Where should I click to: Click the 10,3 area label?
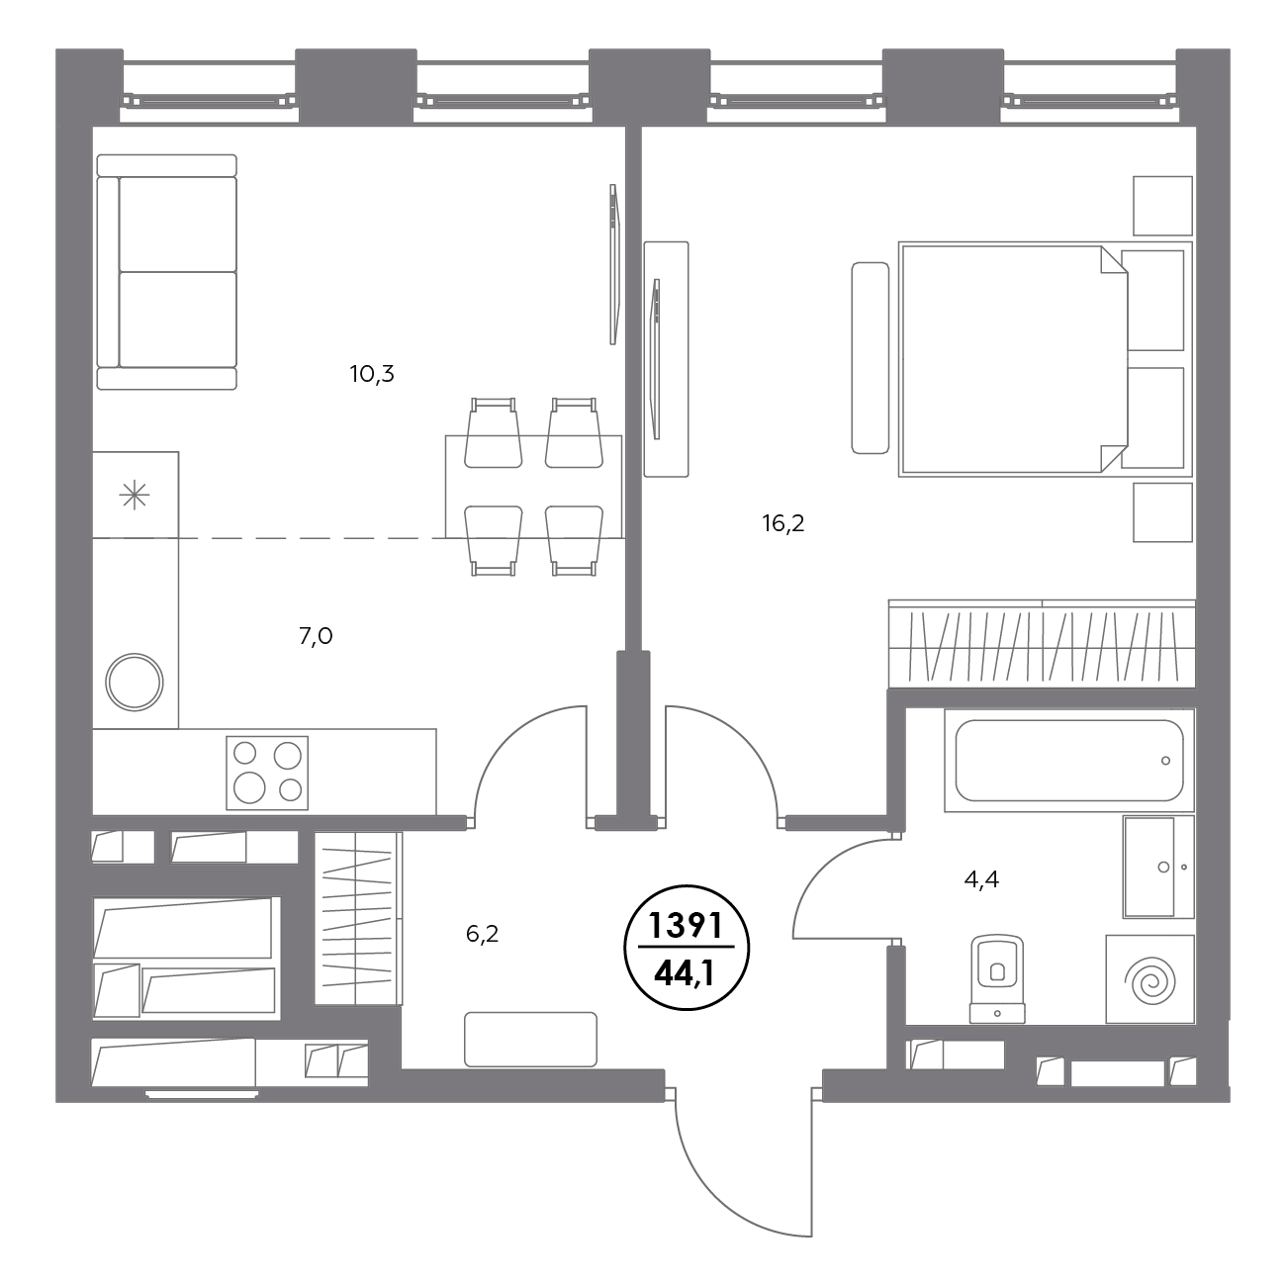372,374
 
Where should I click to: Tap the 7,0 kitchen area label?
316,637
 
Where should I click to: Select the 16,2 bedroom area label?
783,524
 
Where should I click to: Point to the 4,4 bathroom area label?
981,880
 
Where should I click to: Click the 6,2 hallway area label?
482,934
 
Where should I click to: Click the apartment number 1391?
687,926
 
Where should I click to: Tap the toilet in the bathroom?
997,978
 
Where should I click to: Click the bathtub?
1069,761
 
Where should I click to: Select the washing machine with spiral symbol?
1149,979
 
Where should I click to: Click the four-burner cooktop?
267,773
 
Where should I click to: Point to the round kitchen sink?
135,682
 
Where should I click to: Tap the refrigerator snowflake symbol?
135,496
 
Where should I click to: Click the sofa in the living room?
167,272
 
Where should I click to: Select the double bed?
1045,359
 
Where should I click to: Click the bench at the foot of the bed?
871,358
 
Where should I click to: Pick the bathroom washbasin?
1158,867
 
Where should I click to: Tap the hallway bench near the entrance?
530,1040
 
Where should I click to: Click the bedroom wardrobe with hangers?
1042,643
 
